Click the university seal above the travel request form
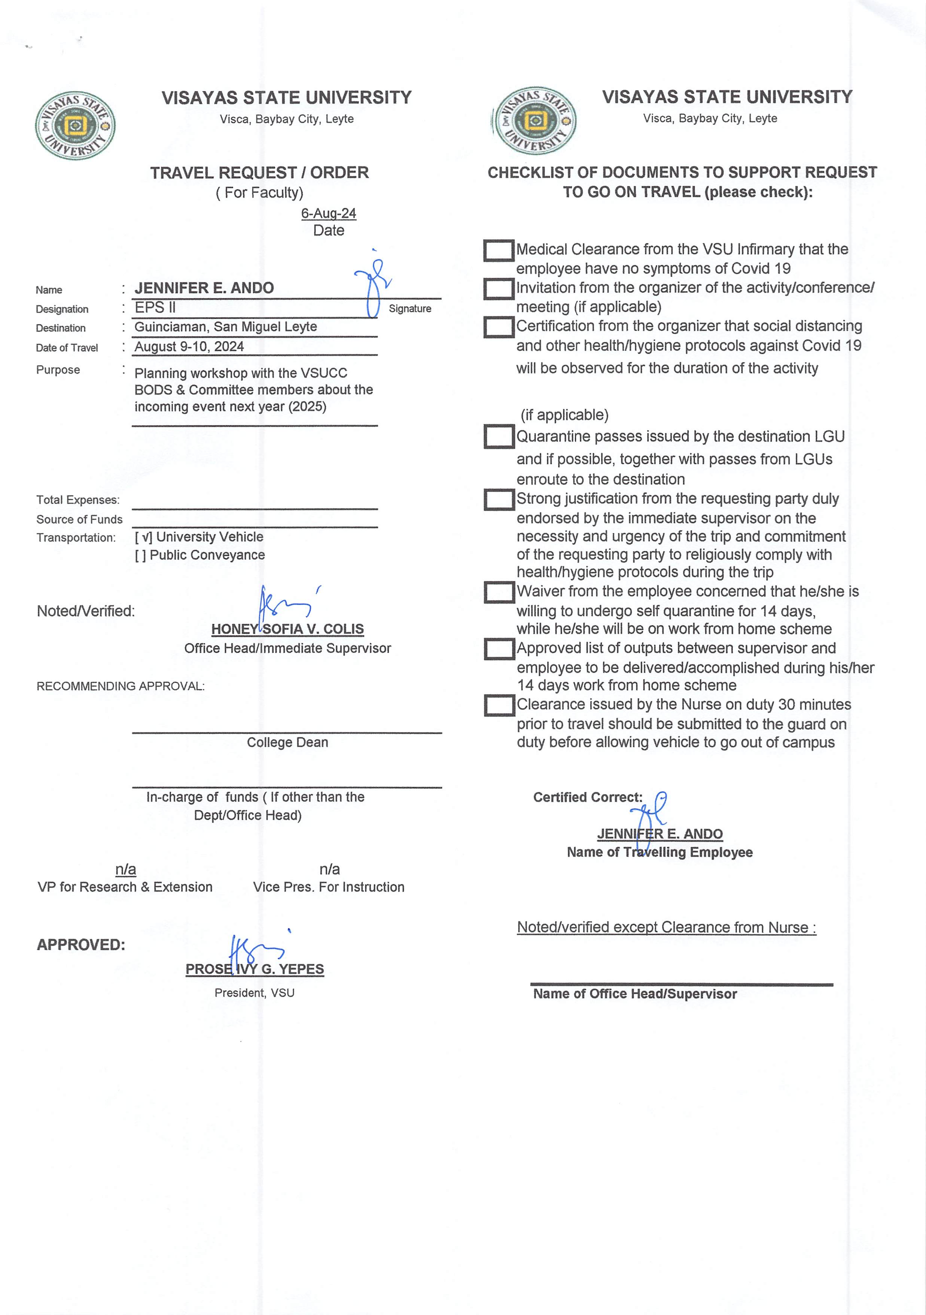pos(75,125)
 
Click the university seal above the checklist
pos(534,120)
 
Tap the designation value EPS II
pos(155,307)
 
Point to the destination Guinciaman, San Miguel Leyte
pos(226,327)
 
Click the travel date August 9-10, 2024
pos(189,346)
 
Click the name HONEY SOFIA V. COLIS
pos(287,629)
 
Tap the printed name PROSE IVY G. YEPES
pos(255,969)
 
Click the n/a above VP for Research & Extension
pos(125,869)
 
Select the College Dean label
pos(287,742)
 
